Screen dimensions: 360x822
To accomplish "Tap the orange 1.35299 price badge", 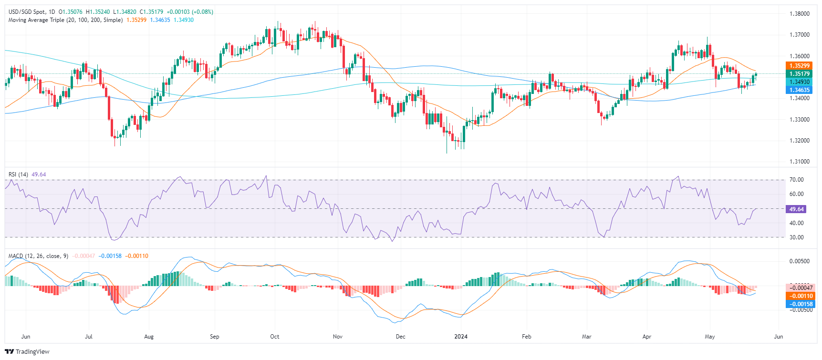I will [799, 66].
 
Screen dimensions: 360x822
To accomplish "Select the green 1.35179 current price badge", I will [799, 74].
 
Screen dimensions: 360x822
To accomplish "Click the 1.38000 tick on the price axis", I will [799, 14].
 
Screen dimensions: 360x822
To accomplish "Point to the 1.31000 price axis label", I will [799, 162].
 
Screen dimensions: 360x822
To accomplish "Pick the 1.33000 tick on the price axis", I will [799, 120].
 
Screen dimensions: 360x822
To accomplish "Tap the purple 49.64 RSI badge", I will [796, 209].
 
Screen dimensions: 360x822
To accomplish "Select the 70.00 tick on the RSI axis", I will [796, 180].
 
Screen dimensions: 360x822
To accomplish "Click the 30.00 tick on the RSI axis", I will [796, 237].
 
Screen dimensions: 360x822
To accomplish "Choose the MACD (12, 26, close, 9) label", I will [38, 256].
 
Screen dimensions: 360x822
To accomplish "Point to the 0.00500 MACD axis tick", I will [799, 261].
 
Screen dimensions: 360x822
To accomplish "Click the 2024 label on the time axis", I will [461, 337].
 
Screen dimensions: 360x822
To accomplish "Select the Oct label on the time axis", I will [275, 337].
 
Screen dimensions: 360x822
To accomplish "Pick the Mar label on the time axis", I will [586, 337].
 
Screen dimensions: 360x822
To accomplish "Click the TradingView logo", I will [27, 352].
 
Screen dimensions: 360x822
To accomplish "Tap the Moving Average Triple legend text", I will [65, 20].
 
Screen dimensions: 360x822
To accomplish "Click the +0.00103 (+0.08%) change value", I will [190, 12].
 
